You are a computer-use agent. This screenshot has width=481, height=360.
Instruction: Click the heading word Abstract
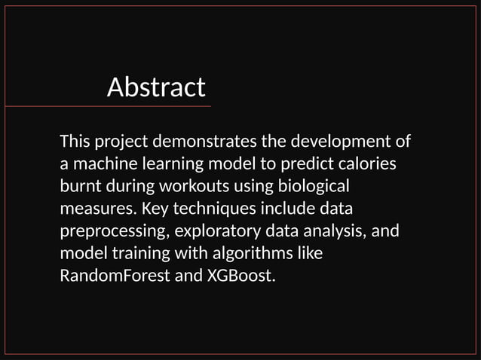click(x=156, y=87)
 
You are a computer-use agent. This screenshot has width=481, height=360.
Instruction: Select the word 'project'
click(x=121, y=141)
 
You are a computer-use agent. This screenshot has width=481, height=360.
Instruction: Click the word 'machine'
click(x=103, y=163)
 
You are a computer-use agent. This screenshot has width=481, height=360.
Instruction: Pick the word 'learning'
click(x=170, y=163)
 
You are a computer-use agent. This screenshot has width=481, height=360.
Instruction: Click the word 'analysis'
click(x=332, y=230)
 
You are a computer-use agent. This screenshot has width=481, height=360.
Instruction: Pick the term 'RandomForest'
click(x=115, y=276)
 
